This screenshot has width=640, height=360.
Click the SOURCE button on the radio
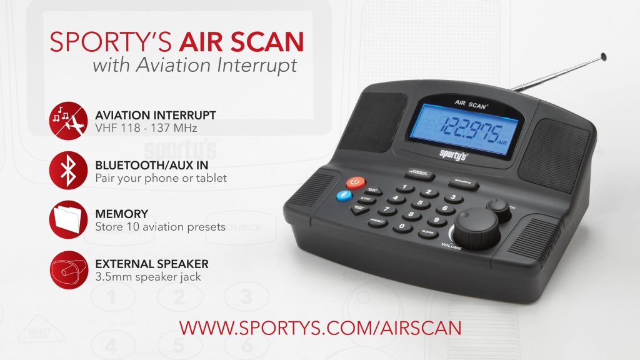[463, 183]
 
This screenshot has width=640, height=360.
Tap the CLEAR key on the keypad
[427, 232]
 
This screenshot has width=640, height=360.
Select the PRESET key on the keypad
[377, 221]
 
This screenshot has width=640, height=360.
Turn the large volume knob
[477, 229]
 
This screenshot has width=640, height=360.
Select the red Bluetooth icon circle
[66, 169]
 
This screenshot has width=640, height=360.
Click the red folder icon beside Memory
[66, 219]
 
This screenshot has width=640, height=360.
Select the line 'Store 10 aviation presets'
[160, 227]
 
